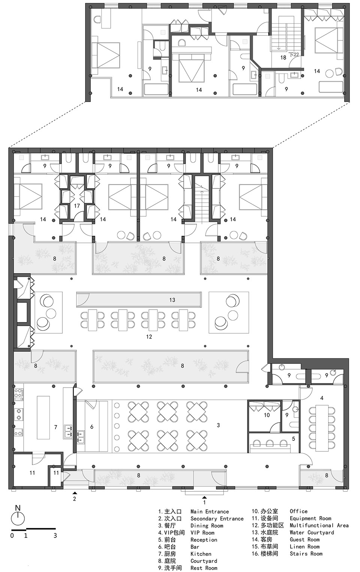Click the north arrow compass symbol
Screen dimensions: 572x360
(x=18, y=519)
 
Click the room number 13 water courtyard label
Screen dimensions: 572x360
(x=172, y=300)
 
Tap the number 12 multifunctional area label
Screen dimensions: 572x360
(x=149, y=337)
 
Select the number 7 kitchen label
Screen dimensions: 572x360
(x=55, y=427)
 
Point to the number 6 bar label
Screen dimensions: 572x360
(x=92, y=427)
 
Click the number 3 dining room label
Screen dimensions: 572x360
(x=218, y=425)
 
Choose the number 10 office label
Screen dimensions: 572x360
(x=267, y=415)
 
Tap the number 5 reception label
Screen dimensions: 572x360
(x=294, y=439)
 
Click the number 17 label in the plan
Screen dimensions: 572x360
(x=77, y=206)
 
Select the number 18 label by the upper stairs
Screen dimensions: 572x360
(x=283, y=57)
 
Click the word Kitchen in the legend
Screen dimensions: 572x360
(x=201, y=554)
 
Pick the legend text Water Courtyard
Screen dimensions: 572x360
(x=312, y=533)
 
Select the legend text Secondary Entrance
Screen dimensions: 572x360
(x=217, y=519)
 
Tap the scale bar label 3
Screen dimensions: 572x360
(x=55, y=536)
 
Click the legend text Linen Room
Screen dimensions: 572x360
(x=304, y=547)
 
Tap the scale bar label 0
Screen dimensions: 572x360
(x=12, y=536)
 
